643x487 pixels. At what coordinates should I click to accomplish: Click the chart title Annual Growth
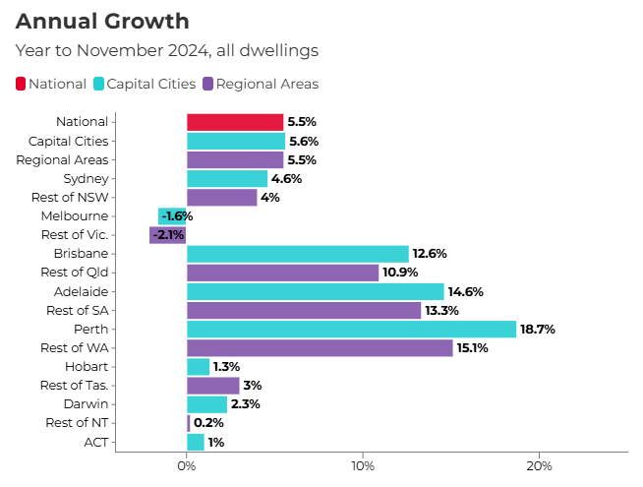102,21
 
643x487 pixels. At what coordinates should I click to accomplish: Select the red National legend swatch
21,84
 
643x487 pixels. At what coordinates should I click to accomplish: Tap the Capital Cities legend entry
145,84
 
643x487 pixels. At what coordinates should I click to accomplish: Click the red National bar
235,122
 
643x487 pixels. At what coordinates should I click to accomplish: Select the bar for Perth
351,329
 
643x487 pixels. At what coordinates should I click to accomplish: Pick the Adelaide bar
315,291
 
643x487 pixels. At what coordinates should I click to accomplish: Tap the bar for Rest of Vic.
167,235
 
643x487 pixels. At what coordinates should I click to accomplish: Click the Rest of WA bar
320,347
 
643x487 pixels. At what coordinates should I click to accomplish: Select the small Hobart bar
198,367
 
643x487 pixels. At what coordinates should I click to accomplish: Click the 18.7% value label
538,330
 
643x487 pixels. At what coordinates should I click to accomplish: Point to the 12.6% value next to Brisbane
430,254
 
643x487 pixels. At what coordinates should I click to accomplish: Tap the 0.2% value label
209,423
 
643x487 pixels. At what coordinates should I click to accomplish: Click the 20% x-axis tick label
539,465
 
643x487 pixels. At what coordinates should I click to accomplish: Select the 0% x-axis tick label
187,465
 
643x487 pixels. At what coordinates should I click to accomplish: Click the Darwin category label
88,404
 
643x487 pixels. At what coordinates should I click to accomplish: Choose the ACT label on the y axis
96,442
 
